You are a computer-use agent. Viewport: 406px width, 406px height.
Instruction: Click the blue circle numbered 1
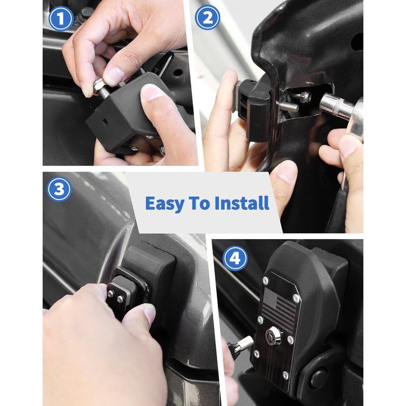[x=61, y=19]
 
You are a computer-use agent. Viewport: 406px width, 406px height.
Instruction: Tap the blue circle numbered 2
[x=208, y=18]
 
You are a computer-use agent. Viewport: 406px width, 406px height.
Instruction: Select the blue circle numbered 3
[x=59, y=189]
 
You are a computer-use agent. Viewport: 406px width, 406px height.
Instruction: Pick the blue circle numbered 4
[x=235, y=258]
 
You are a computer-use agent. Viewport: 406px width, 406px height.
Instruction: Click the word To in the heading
[x=199, y=203]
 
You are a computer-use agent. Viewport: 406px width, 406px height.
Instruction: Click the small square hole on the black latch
[x=105, y=122]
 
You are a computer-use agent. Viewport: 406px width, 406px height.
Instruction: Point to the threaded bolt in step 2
[x=288, y=106]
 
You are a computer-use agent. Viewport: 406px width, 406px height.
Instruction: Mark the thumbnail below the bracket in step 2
[x=286, y=172]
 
